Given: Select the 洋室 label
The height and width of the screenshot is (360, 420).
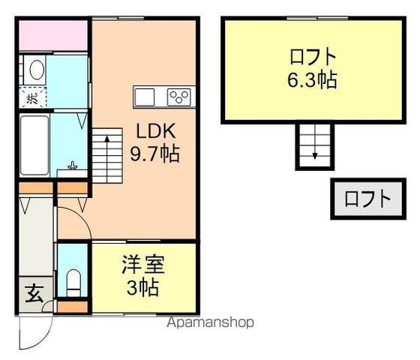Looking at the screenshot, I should tap(144, 265).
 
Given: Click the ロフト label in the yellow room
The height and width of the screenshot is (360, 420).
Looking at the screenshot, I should tap(310, 56).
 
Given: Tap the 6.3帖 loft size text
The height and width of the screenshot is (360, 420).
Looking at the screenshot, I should tap(310, 79).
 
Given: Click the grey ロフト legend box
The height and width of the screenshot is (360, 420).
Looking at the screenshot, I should tap(367, 199).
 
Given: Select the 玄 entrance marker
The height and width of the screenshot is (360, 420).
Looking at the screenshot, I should tap(34, 292).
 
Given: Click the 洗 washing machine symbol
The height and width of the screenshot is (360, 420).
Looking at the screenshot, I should tap(32, 97).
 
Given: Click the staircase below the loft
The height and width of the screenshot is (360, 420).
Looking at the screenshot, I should tap(314, 144).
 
